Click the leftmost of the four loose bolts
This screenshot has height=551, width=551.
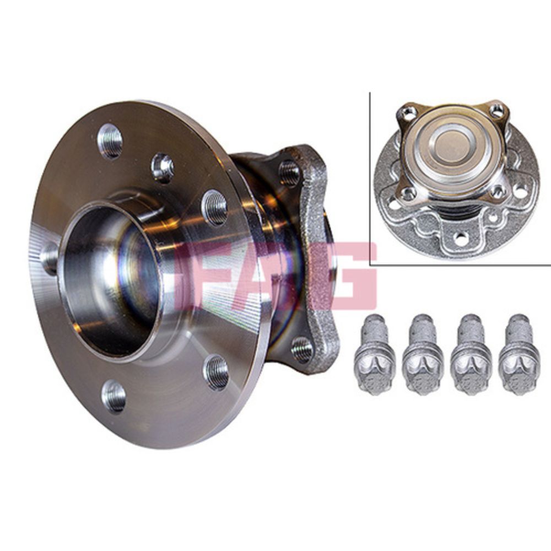(375, 355)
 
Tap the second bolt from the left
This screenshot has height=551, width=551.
(423, 355)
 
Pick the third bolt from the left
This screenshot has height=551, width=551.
(471, 355)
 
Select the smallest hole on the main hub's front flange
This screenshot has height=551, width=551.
(163, 168)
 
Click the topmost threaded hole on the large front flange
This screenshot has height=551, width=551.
(110, 141)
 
